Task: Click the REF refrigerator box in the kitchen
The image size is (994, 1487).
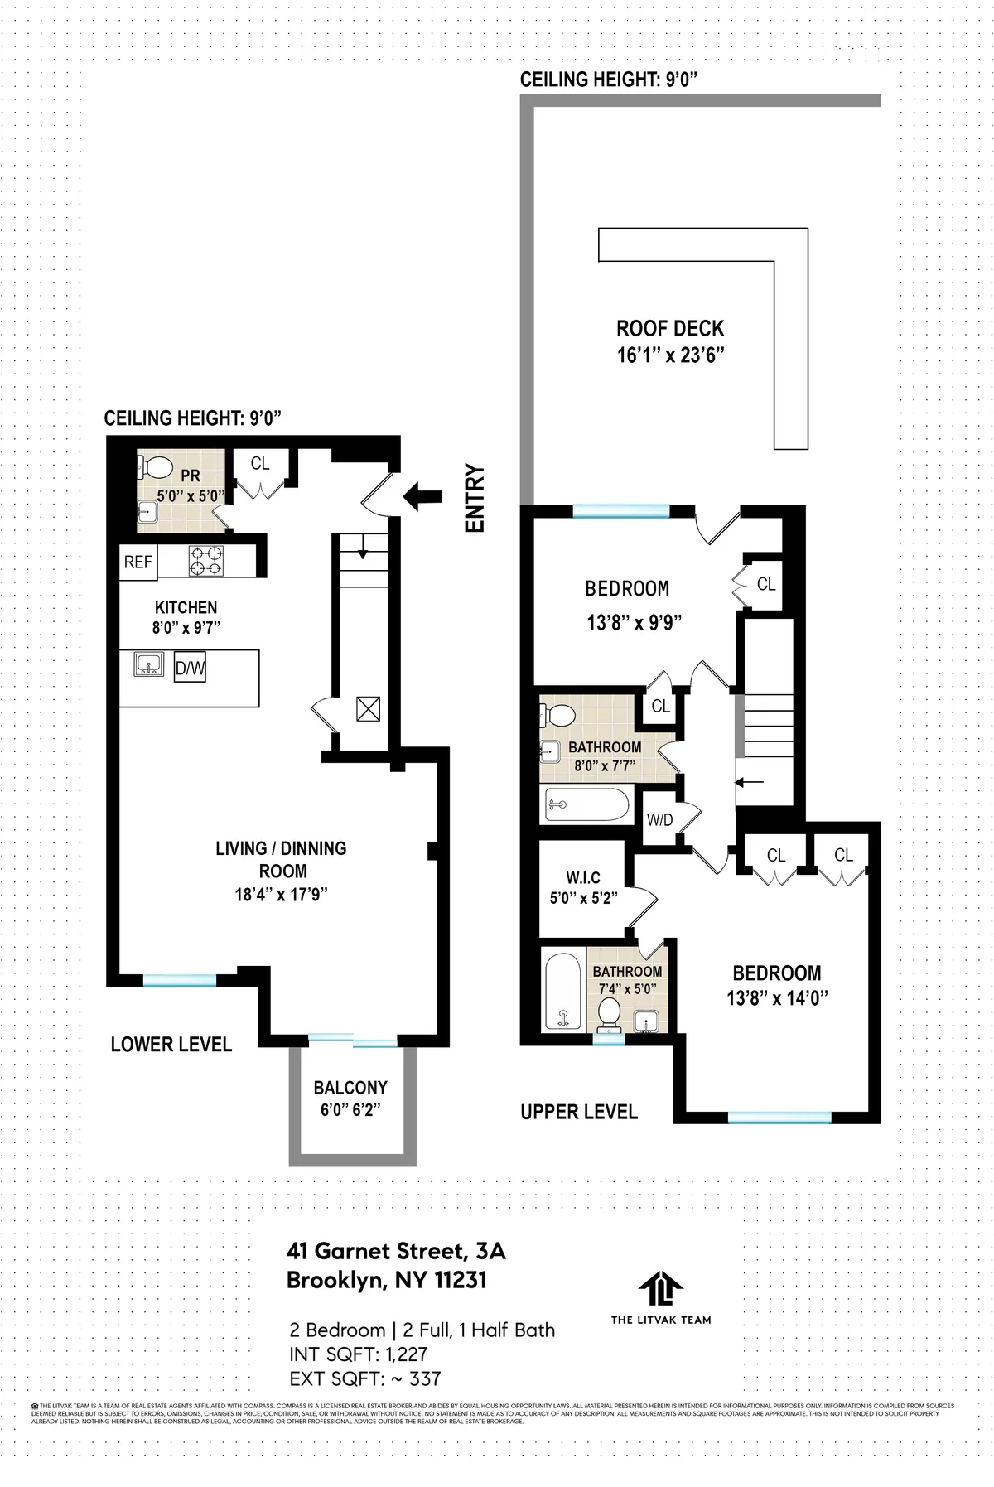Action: click(138, 562)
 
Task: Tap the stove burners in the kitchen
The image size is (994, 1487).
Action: click(206, 561)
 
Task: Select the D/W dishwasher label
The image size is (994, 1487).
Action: click(190, 669)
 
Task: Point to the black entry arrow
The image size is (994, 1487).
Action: click(422, 496)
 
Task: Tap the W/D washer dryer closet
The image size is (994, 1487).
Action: click(660, 820)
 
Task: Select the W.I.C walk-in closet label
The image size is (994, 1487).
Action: click(583, 877)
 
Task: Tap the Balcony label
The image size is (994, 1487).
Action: click(350, 1088)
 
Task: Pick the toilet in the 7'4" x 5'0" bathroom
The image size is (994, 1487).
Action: click(610, 1013)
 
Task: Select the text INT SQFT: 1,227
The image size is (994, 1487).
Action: click(358, 1354)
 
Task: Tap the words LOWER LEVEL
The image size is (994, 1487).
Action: click(171, 1044)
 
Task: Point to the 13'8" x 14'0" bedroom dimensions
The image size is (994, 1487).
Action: click(777, 998)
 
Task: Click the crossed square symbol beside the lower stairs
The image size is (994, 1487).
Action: click(368, 708)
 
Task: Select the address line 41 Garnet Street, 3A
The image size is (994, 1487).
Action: click(395, 1250)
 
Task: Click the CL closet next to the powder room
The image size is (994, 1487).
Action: click(260, 464)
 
